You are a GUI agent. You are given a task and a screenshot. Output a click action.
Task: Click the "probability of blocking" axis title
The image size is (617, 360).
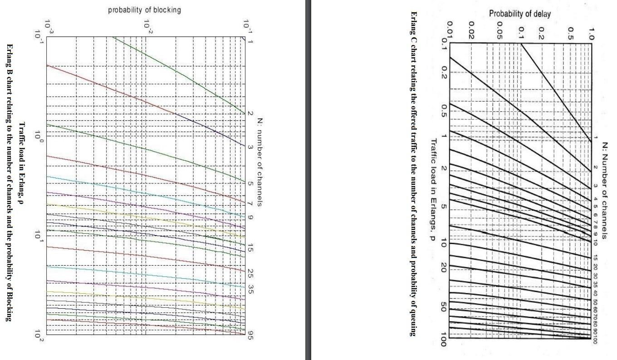point(144,10)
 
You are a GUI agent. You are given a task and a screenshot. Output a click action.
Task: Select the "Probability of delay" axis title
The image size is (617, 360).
point(519,14)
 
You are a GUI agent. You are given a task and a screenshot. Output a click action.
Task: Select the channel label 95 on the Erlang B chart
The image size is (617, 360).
point(250,336)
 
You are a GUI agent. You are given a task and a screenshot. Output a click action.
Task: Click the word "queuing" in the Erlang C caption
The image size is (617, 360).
point(413,321)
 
